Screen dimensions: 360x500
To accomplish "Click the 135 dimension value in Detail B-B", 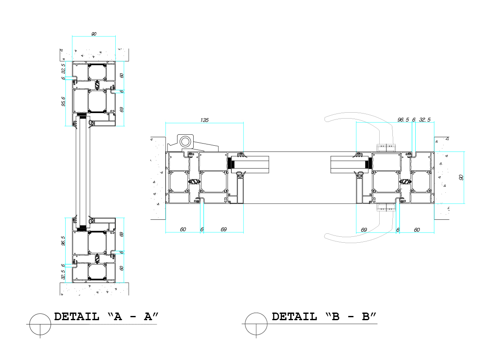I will pyautogui.click(x=204, y=120).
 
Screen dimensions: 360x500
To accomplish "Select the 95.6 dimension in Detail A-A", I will pyautogui.click(x=63, y=102).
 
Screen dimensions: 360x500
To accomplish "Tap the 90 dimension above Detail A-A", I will pyautogui.click(x=94, y=33).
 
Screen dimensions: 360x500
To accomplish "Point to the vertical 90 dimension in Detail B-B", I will pyautogui.click(x=461, y=177).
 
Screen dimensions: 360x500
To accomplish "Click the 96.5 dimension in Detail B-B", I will pyautogui.click(x=403, y=120).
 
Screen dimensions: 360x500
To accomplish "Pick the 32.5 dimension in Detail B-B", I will pyautogui.click(x=425, y=120).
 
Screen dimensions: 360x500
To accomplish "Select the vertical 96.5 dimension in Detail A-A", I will pyautogui.click(x=63, y=241).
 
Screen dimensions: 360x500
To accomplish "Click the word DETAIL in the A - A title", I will pyautogui.click(x=77, y=316).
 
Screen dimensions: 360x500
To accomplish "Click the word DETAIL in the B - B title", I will pyautogui.click(x=294, y=316).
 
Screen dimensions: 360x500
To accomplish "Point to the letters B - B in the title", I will pyautogui.click(x=351, y=316).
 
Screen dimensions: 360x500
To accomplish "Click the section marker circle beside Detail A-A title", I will pyautogui.click(x=40, y=324).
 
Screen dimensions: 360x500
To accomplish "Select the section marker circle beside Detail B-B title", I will pyautogui.click(x=257, y=324).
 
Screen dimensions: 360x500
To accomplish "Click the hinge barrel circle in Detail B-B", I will pyautogui.click(x=185, y=141).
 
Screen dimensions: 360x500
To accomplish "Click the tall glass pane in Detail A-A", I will pyautogui.click(x=82, y=172).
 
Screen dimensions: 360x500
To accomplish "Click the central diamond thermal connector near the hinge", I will pyautogui.click(x=194, y=182).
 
